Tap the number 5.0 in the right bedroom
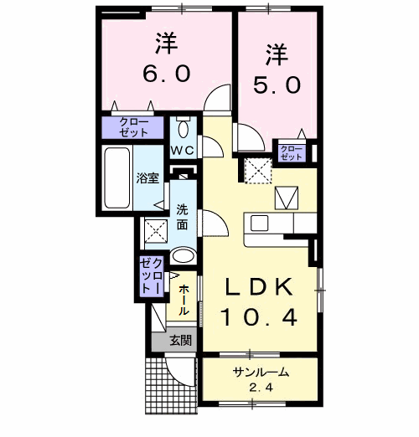277,84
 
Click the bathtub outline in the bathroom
115,179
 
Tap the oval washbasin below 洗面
183,255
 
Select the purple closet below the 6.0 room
135,127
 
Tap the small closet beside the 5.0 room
292,152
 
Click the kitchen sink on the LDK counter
258,223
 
